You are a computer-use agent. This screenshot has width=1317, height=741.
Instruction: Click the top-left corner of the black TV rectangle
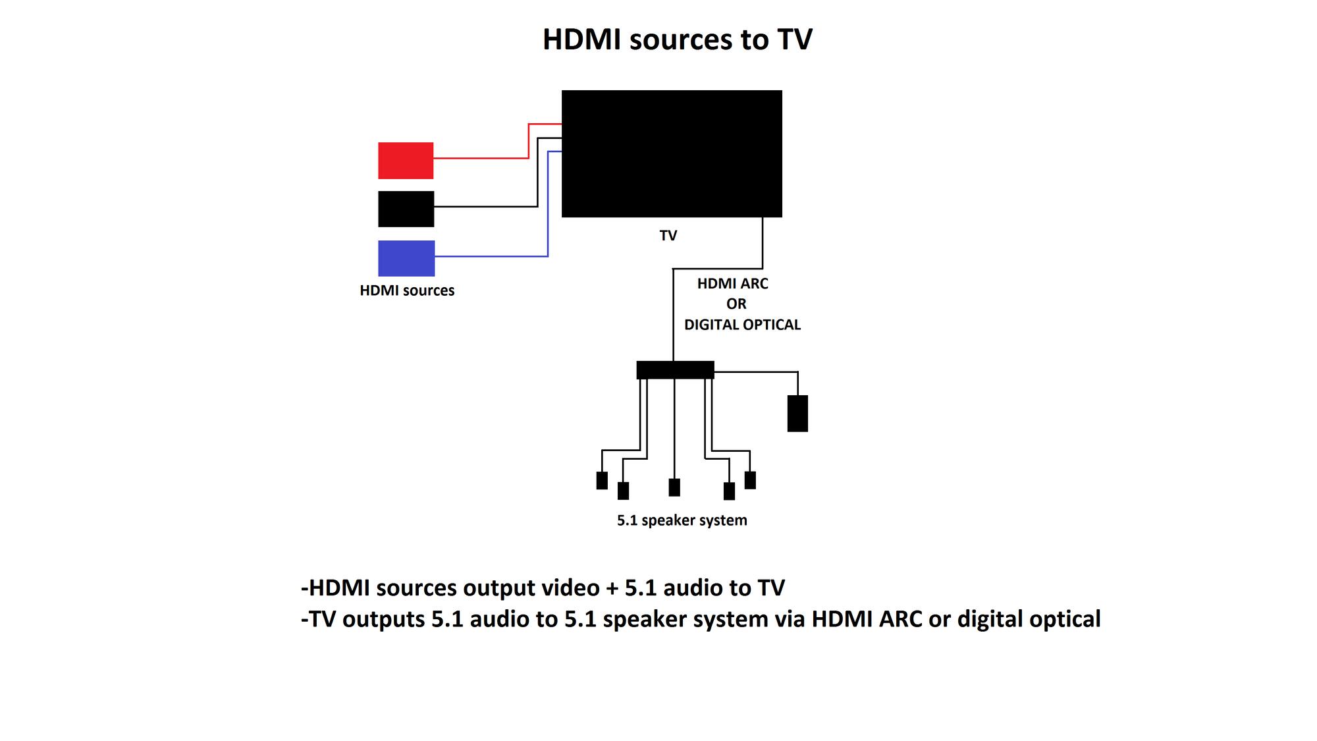click(562, 91)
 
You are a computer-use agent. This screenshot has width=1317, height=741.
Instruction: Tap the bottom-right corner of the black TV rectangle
click(782, 217)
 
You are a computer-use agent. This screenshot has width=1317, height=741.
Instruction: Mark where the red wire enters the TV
click(562, 123)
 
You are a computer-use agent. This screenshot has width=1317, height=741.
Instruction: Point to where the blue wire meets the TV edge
click(562, 151)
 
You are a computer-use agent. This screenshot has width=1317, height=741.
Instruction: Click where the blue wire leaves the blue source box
click(435, 256)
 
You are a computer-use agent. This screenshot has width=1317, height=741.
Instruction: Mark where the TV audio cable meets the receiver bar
click(673, 361)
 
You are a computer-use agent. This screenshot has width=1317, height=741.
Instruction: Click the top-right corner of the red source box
click(433, 142)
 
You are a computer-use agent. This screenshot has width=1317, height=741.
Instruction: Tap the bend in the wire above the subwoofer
click(798, 372)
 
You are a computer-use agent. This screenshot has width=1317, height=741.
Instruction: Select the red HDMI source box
click(406, 161)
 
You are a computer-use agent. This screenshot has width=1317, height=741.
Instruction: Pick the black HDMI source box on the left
click(406, 209)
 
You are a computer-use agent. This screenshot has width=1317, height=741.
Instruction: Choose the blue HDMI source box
click(406, 258)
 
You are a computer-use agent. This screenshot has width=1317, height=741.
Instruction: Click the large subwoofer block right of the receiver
click(797, 414)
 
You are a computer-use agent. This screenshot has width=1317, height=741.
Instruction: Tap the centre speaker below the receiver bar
click(674, 487)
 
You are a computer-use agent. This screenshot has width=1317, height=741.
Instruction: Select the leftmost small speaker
click(602, 481)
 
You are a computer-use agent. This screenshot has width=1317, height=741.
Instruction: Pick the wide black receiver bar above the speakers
click(675, 370)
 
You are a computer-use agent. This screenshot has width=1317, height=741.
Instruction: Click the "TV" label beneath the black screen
click(668, 236)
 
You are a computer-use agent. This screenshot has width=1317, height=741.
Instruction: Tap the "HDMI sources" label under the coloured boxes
click(407, 290)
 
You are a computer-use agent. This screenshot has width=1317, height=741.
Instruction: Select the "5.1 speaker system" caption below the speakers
click(682, 520)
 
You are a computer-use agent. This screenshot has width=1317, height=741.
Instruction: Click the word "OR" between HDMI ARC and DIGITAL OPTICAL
click(736, 304)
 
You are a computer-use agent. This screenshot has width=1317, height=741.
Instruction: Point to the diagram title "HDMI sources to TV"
click(678, 40)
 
